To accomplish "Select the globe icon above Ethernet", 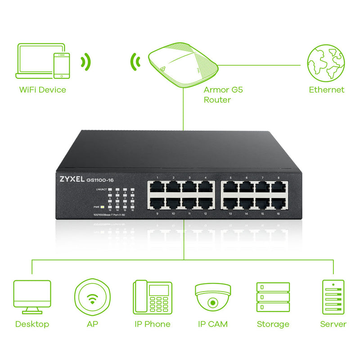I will pos(326,63).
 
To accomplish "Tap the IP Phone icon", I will pos(153,297).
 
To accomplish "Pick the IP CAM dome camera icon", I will pos(213,297).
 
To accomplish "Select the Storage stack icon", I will pos(273,297).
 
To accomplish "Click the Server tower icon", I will pos(333,297).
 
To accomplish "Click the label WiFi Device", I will pos(42,90).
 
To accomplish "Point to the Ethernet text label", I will pos(326,90).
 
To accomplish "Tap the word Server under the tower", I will pos(333,324).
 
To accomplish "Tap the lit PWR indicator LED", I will pos(103,207).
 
